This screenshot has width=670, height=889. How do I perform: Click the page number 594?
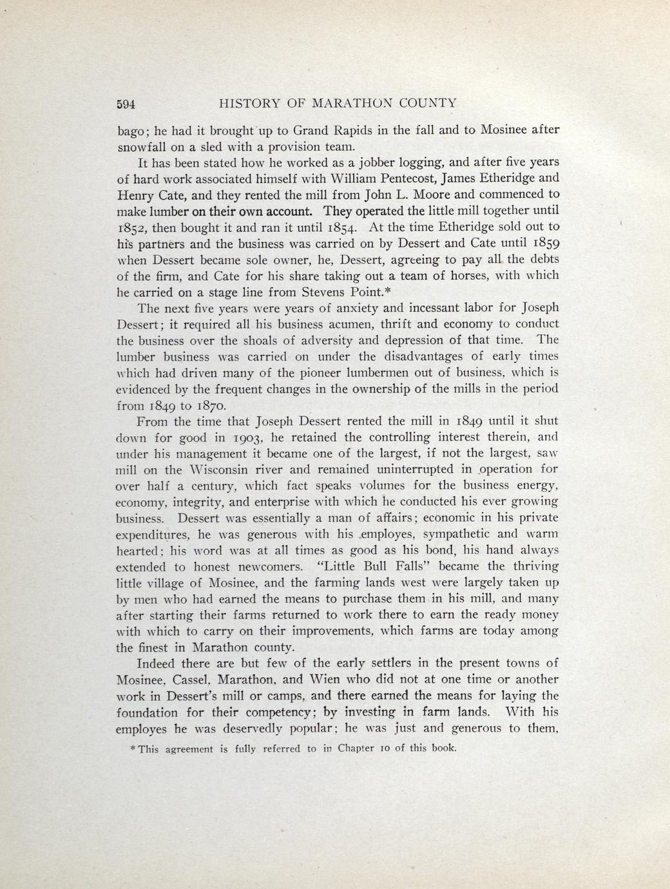[128, 104]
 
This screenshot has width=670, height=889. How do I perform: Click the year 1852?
[132, 227]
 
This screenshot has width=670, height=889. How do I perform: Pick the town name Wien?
[327, 680]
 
